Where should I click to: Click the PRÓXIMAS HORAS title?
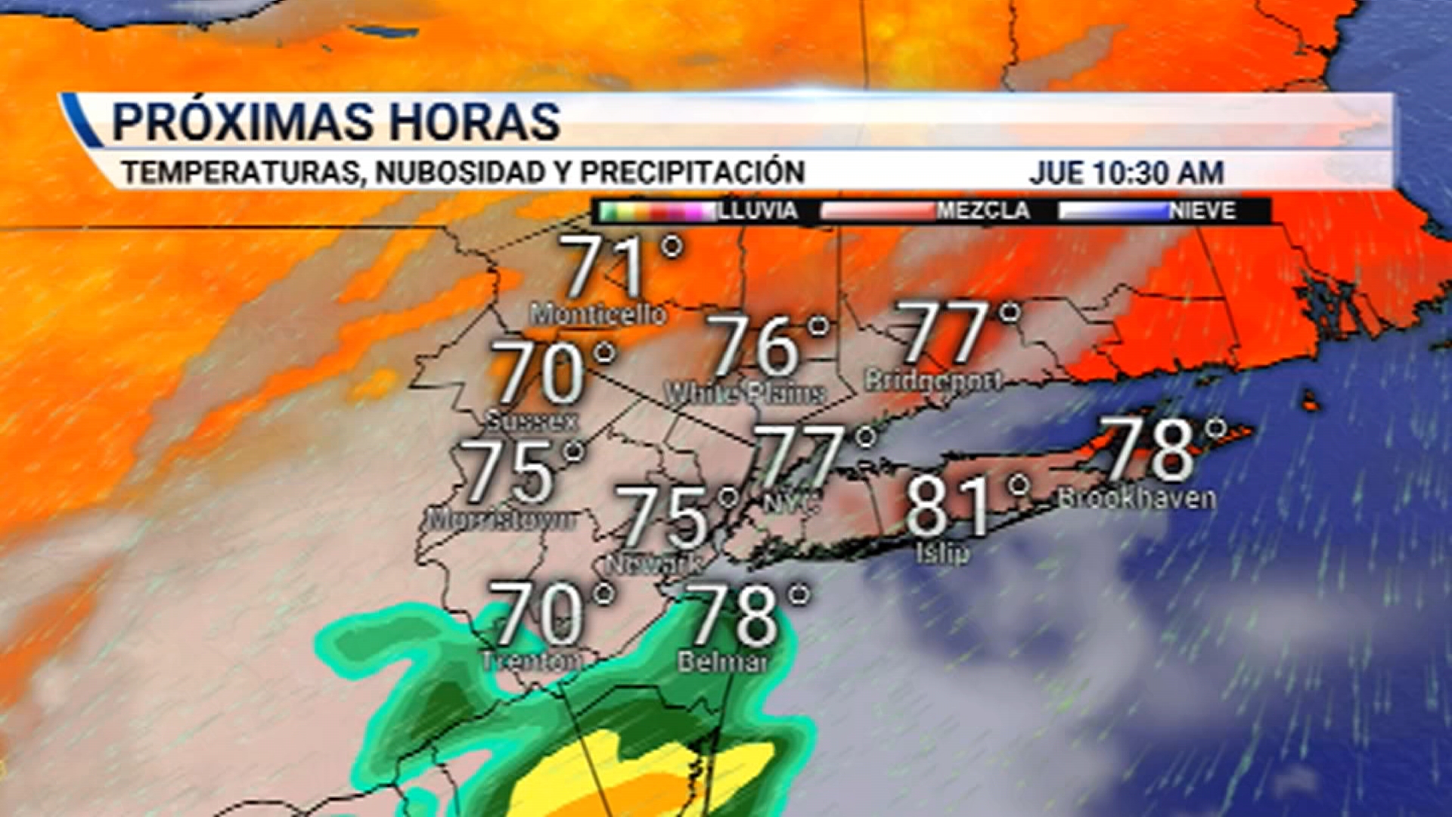[336, 121]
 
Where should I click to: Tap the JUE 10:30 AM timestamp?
[1126, 172]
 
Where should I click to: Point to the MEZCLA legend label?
[983, 210]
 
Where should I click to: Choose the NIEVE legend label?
[1202, 210]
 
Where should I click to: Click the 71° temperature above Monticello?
[620, 266]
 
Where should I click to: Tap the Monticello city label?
[598, 314]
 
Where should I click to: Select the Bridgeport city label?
[933, 380]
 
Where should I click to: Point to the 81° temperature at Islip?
[964, 505]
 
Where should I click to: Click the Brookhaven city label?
[1137, 498]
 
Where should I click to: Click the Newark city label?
[655, 564]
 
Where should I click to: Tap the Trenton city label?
[532, 660]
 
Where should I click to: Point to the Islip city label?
[942, 552]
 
